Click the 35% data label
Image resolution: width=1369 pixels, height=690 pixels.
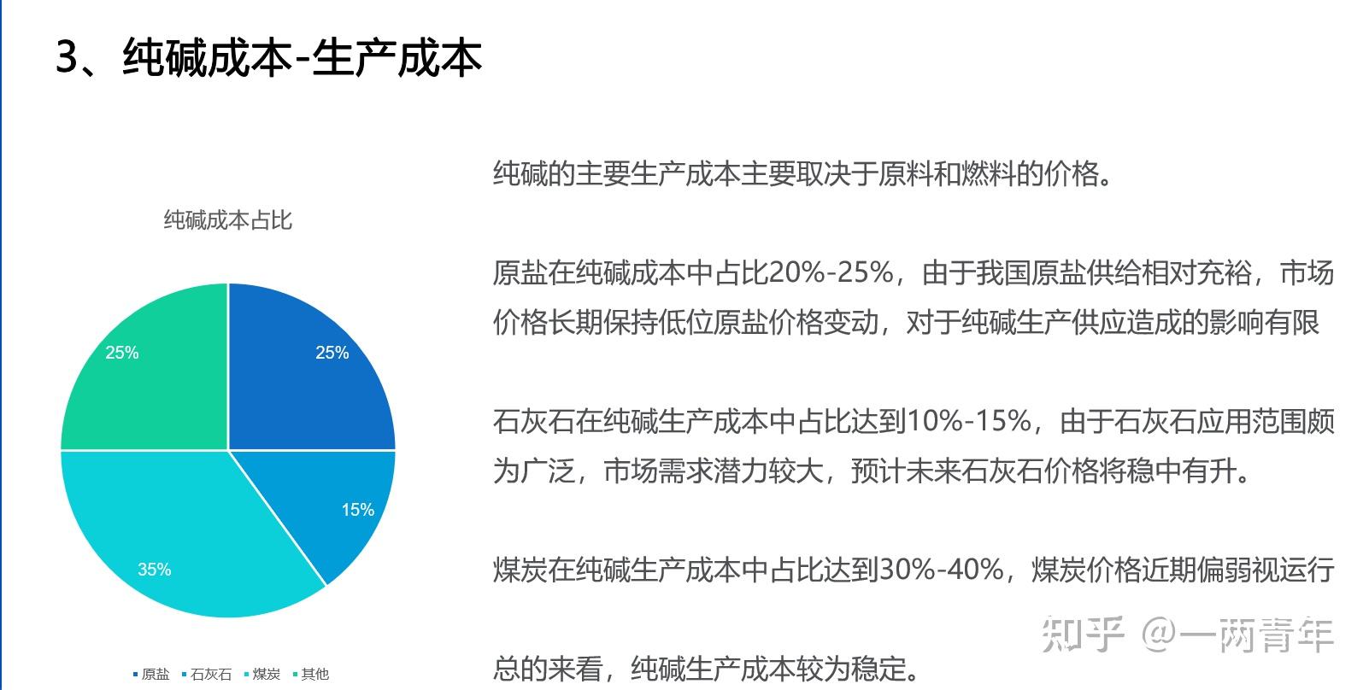click(x=154, y=570)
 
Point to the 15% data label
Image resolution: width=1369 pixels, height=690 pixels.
click(x=357, y=510)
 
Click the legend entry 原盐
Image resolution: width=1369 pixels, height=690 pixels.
click(x=151, y=674)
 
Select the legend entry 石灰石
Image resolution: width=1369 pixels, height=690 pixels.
click(x=207, y=674)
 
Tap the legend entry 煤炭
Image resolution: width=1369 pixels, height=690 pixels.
click(x=262, y=674)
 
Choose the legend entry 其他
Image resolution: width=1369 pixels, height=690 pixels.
click(x=311, y=674)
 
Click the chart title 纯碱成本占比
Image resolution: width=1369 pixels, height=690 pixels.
click(x=228, y=220)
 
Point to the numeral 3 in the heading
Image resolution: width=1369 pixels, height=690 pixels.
click(x=67, y=57)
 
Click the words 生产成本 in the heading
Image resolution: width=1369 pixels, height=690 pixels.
click(x=397, y=57)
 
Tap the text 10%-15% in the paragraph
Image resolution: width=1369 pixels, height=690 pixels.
click(x=969, y=421)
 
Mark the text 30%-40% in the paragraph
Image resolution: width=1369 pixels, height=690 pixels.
click(x=941, y=570)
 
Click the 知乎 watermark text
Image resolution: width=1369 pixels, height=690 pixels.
click(x=1083, y=635)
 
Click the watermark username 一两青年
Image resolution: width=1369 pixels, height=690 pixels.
click(x=1256, y=635)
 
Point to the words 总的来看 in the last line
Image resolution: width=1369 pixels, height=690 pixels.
click(x=549, y=669)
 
